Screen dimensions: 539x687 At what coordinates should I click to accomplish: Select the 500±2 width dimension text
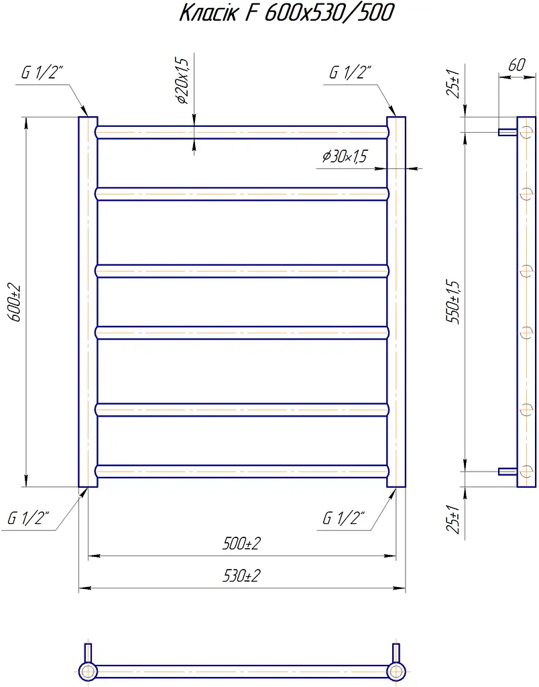tap(241, 543)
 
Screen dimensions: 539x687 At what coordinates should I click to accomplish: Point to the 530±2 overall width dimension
tap(241, 575)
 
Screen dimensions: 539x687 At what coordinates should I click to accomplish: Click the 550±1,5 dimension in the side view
tap(454, 302)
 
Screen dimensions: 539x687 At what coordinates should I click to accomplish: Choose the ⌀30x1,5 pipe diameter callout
tap(345, 156)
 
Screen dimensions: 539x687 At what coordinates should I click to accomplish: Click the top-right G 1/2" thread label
tap(351, 72)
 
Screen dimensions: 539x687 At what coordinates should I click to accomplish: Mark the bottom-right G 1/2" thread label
tap(344, 518)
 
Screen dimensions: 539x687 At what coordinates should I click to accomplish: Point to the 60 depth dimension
tap(517, 65)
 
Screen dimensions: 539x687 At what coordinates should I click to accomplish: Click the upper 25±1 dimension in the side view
tap(454, 84)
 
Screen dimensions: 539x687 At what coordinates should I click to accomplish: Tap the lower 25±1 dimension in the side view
tap(454, 519)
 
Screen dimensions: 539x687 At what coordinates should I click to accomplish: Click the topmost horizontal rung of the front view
tap(242, 132)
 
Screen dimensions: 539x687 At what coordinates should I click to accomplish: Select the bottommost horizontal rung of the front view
tap(242, 471)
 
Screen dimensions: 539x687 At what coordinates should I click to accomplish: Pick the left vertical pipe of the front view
tap(88, 302)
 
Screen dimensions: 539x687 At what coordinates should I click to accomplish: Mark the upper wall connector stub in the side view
tap(508, 132)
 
